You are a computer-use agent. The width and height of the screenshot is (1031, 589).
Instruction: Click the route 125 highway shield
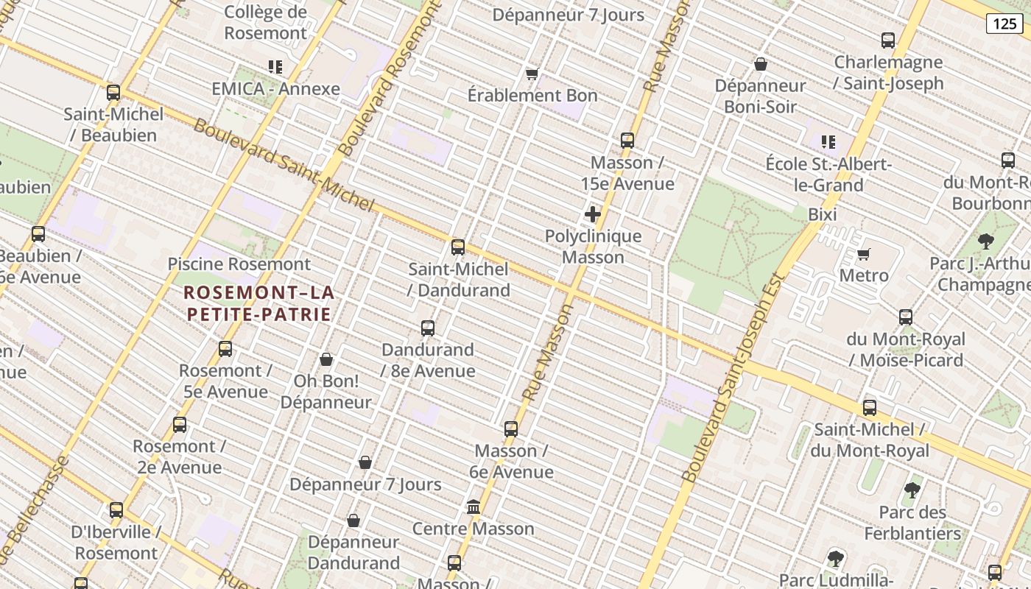coord(1004,24)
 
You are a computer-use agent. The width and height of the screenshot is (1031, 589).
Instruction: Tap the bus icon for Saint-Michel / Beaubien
coord(113,93)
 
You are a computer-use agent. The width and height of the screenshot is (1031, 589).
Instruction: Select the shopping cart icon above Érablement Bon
coord(532,74)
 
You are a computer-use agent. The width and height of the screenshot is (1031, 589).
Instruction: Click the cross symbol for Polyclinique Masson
coord(593,214)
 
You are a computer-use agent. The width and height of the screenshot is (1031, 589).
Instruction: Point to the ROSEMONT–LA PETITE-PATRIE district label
coord(258,303)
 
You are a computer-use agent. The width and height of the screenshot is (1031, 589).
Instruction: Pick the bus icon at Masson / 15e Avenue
coord(627,141)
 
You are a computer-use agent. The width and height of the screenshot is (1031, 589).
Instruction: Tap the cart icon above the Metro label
coord(864,254)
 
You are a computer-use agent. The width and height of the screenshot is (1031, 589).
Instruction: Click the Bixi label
coord(823,215)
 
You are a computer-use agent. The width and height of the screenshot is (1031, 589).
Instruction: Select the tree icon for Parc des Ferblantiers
coord(912,490)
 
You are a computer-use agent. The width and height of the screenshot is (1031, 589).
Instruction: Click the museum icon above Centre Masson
coord(474,507)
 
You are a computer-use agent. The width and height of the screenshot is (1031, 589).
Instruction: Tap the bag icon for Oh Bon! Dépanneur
coord(326,359)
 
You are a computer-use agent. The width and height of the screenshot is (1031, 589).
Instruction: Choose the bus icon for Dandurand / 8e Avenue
coord(428,328)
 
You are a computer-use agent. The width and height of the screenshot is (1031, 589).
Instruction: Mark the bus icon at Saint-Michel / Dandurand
coord(458,247)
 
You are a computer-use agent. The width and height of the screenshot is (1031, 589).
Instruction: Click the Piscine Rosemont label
coord(239,264)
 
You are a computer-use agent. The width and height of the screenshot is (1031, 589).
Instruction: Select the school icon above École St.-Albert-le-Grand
coord(828,141)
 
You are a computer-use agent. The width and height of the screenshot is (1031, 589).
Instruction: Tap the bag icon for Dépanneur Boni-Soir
coord(761,64)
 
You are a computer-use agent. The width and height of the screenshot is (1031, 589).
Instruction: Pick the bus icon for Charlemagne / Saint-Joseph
coord(888,40)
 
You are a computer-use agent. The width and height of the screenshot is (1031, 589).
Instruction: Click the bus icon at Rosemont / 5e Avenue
coord(225,349)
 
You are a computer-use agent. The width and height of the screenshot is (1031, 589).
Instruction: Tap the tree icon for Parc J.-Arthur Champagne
coord(985,241)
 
